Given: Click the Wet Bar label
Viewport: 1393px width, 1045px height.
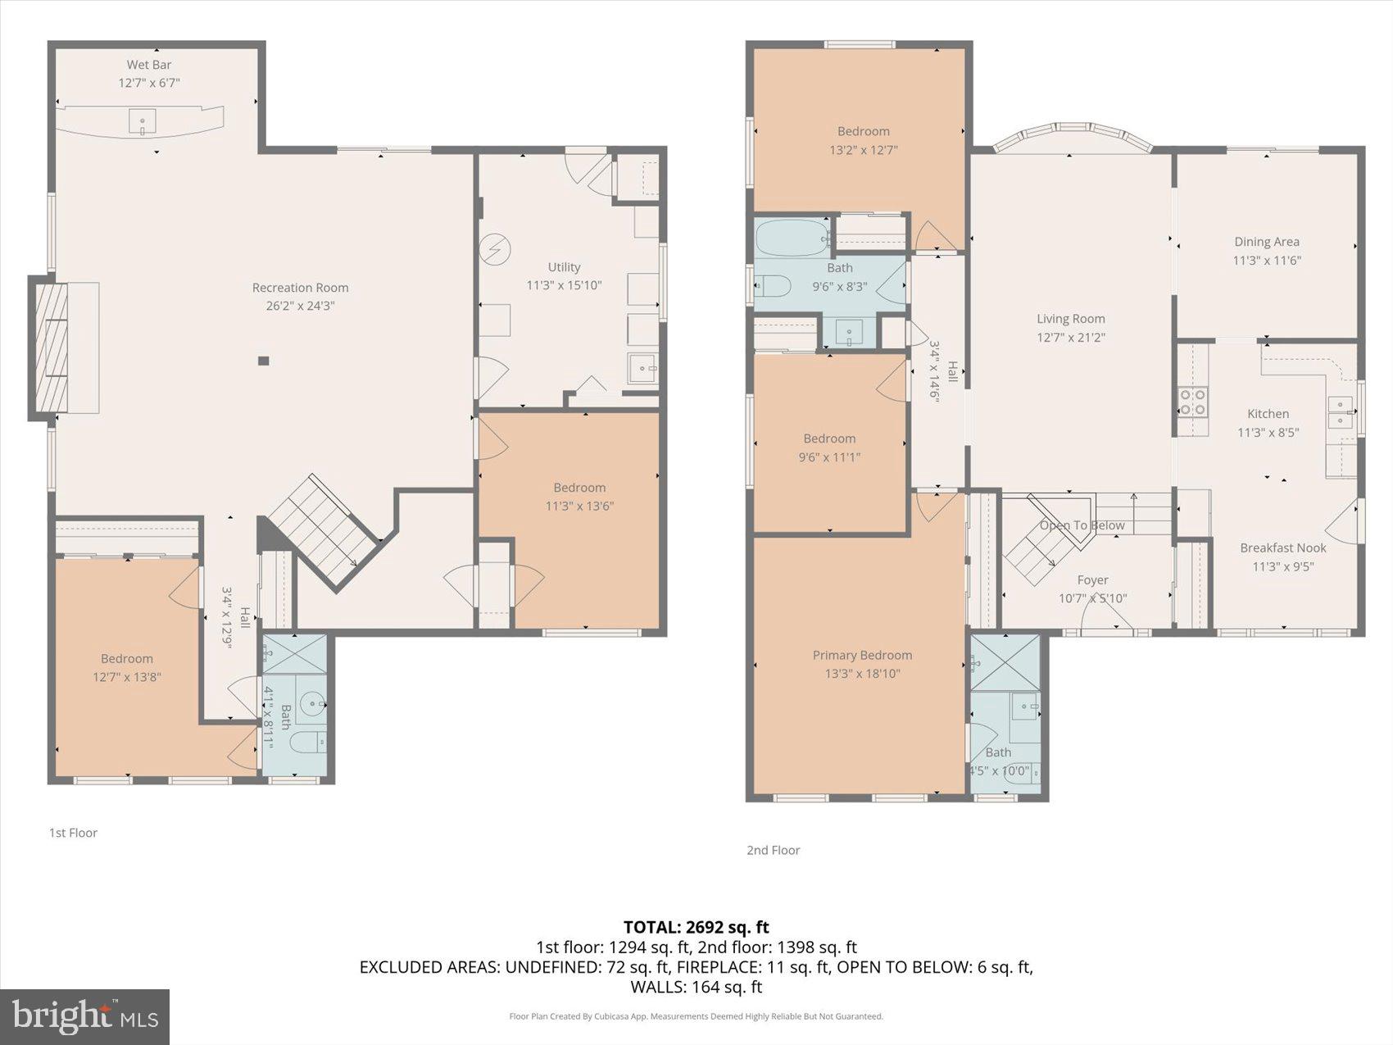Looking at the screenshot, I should click(x=148, y=65).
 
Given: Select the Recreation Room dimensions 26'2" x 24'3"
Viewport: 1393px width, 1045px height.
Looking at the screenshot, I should click(x=300, y=306).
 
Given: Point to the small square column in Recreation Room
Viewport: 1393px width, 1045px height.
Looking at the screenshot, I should click(x=263, y=361).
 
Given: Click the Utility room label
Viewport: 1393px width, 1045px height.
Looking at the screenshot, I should click(x=564, y=266).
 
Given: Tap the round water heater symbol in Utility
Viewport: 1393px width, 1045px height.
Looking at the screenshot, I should click(x=495, y=249).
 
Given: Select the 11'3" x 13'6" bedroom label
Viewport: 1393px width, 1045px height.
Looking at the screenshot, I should click(x=579, y=497).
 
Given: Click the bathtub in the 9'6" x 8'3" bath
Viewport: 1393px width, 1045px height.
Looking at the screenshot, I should click(x=792, y=238).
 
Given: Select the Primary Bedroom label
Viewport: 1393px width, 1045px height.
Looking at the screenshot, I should click(x=862, y=655).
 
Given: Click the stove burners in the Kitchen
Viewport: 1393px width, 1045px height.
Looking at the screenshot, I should click(x=1192, y=402).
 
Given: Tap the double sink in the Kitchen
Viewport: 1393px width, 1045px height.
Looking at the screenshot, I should click(x=1340, y=411).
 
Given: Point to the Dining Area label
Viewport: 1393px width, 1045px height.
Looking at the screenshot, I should click(x=1267, y=242).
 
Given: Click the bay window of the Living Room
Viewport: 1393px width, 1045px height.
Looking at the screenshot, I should click(x=1071, y=137).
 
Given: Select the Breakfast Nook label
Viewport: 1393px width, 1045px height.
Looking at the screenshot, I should click(x=1282, y=547).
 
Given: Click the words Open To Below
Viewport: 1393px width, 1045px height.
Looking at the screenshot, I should click(x=1082, y=525).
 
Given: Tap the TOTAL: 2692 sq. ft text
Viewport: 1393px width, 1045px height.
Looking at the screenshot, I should click(x=696, y=927).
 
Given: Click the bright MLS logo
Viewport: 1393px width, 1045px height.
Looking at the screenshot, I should click(x=84, y=1016).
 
